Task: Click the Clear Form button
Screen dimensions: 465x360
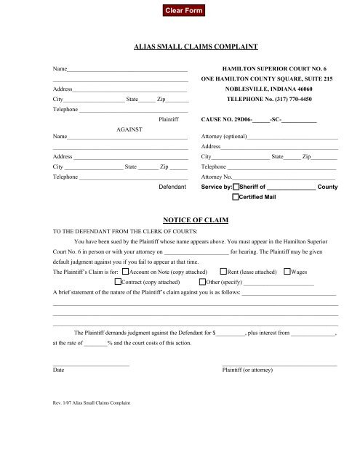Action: (180, 10)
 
